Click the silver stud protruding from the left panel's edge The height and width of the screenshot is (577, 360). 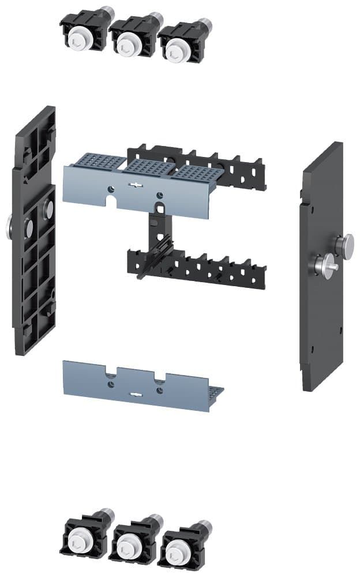coord(9,226)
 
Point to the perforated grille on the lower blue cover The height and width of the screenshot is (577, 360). coord(216,394)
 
